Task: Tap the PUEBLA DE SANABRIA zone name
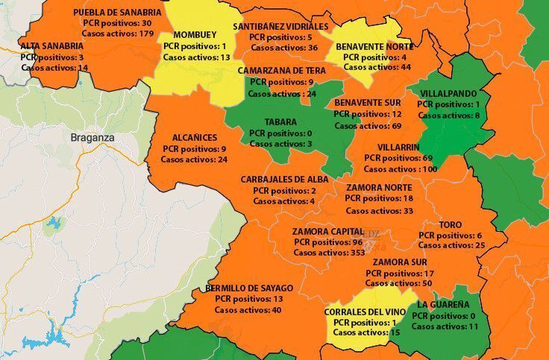click(117, 13)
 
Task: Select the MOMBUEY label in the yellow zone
click(195, 35)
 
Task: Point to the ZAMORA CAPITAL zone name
click(328, 231)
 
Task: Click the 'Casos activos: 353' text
click(328, 253)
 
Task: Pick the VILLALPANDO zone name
click(448, 94)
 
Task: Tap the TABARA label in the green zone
click(280, 122)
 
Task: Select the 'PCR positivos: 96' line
click(328, 242)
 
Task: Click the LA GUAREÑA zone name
click(443, 305)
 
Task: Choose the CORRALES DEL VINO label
click(365, 312)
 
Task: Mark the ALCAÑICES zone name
click(195, 138)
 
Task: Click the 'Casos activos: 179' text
click(117, 34)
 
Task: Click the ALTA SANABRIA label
click(52, 45)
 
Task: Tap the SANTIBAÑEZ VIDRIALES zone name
click(280, 26)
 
